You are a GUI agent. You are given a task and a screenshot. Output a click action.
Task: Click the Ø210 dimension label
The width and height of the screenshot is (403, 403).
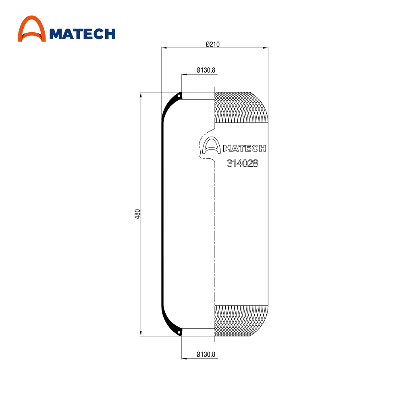coord(212,44)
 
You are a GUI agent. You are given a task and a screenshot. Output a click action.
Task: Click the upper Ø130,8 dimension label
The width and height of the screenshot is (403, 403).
coord(206,70)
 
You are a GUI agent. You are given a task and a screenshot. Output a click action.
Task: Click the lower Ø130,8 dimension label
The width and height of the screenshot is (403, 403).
coord(206,354)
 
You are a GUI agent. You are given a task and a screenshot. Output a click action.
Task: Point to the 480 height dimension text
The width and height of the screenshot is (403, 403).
coord(137,214)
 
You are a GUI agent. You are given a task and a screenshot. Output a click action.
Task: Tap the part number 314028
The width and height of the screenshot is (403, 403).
coord(242,163)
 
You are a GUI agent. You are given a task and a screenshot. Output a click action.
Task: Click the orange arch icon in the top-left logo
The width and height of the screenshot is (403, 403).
coord(31,29)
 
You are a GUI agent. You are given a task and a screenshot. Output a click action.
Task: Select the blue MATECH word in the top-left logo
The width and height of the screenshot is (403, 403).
coord(82,34)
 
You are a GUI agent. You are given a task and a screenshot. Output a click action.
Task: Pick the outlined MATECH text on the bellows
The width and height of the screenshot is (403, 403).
coord(245,149)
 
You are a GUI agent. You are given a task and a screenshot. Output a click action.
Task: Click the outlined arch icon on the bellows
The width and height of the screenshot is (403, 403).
coord(211,145)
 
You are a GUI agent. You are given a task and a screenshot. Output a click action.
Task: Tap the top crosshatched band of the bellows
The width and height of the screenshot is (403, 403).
coord(241,107)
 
